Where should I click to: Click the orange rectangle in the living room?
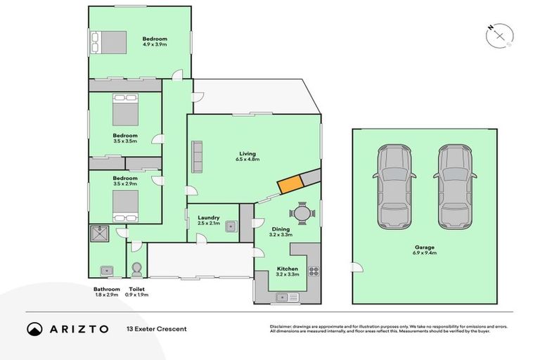coord(290,184)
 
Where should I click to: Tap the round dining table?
coord(301,213)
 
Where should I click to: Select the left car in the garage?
coord(392,186)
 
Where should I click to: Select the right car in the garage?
coord(454,186)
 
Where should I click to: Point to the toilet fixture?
coord(136,269)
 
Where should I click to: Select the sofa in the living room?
coord(197,157)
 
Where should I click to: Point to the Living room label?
coord(247,153)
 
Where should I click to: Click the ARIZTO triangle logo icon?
coord(34,328)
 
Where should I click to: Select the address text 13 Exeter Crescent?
coord(156,328)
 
